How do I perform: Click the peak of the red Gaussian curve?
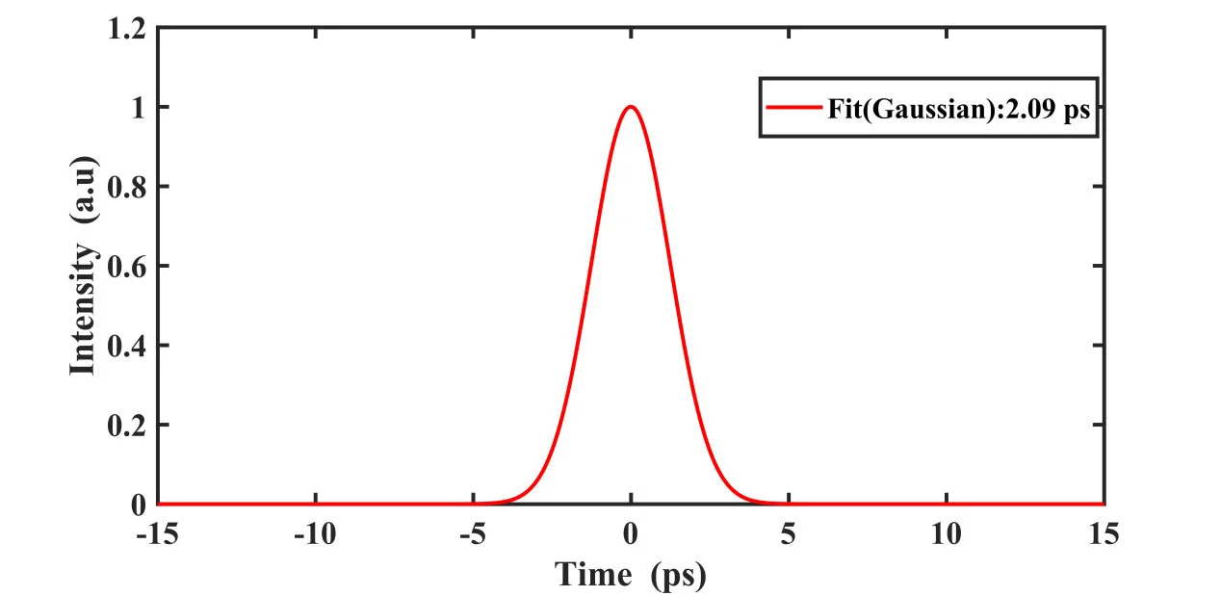tap(631, 107)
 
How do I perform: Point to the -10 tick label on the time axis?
tap(315, 532)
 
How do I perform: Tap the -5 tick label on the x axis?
tap(472, 532)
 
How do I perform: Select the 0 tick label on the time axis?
tap(631, 532)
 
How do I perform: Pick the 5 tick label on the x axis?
tap(789, 532)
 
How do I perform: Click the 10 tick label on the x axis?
tap(946, 532)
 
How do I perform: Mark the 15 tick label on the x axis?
tap(1104, 532)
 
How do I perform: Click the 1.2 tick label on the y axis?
tap(127, 28)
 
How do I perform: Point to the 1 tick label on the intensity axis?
tap(139, 107)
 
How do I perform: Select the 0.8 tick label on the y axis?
tap(127, 187)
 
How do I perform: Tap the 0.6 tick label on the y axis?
tap(127, 266)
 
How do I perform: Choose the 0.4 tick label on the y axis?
tap(127, 346)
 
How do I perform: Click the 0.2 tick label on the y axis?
tap(127, 425)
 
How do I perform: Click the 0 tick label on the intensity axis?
tap(139, 505)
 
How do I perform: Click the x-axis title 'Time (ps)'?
tap(631, 575)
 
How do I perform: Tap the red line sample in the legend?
tap(793, 108)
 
